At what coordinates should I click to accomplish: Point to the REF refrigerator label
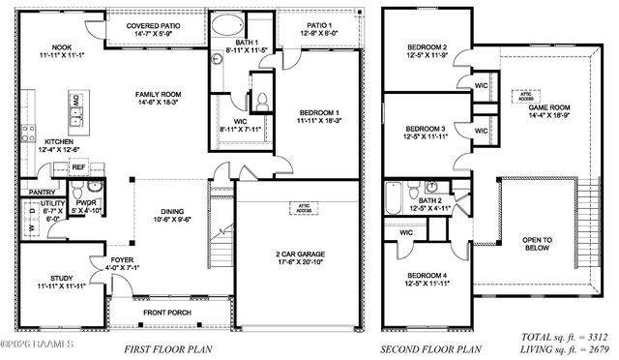(78, 167)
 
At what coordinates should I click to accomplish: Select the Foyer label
(120, 262)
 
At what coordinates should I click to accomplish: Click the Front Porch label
(167, 313)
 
